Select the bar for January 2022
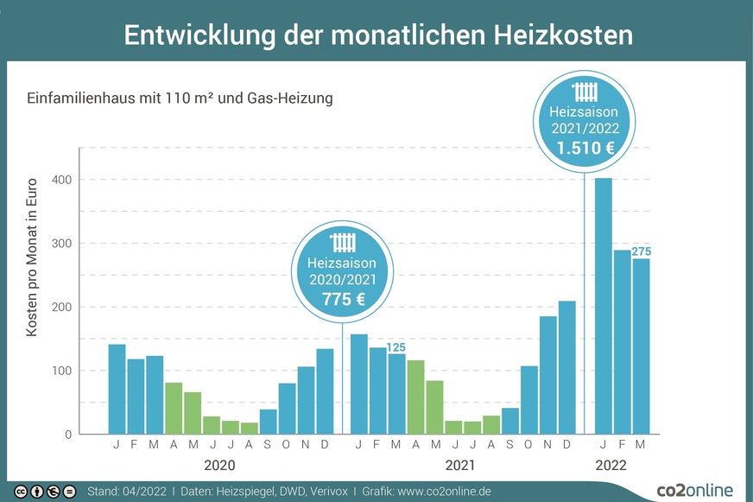click(604, 306)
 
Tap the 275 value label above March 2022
click(641, 251)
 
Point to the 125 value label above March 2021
click(395, 347)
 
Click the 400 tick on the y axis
click(60, 180)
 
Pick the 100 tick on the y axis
click(60, 371)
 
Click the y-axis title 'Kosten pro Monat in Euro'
click(32, 257)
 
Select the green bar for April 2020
click(174, 408)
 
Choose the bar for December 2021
click(566, 367)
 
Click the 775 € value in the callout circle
click(343, 299)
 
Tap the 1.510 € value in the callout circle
click(585, 148)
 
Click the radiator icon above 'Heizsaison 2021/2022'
click(585, 92)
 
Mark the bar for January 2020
click(117, 389)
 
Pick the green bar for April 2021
click(415, 397)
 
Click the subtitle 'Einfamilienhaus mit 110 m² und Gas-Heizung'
click(180, 98)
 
